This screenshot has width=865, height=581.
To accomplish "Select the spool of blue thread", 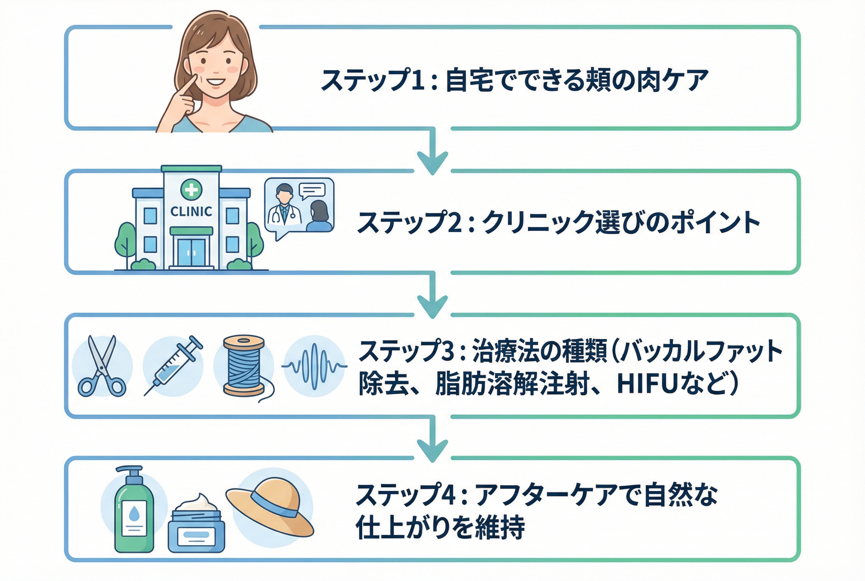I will (x=244, y=365).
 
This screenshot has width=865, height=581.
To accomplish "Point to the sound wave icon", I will (x=314, y=366).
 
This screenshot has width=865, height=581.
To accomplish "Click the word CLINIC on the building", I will (x=191, y=212).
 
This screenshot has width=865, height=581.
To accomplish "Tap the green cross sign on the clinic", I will (x=191, y=190).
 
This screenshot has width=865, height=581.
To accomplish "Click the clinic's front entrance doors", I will (x=191, y=252).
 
